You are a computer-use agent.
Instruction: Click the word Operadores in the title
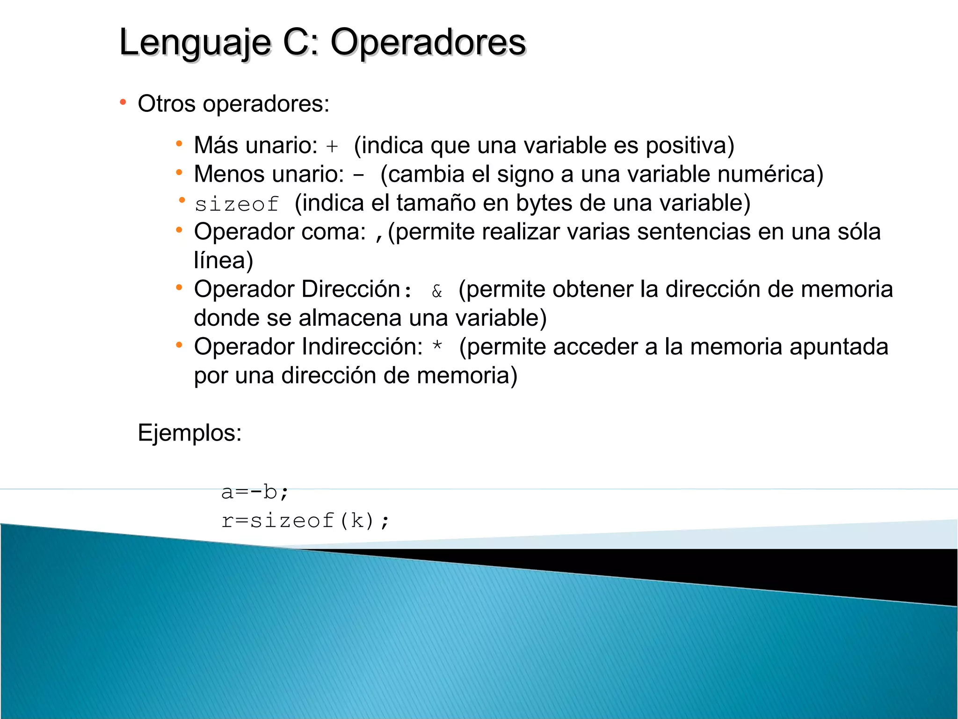[x=428, y=43]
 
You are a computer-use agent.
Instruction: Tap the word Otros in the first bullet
[x=166, y=103]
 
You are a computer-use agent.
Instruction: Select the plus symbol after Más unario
[x=332, y=147]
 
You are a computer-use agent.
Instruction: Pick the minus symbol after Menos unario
[x=359, y=176]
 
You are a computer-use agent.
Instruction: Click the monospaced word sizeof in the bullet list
[x=237, y=204]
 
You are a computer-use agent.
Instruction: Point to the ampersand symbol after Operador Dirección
[x=437, y=291]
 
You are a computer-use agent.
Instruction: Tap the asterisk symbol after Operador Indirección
[x=437, y=347]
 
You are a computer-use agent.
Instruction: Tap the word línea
[x=223, y=260]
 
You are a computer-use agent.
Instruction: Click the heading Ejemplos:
[x=189, y=433]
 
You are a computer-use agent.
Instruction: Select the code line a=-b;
[x=255, y=492]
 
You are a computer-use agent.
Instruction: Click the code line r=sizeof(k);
[x=305, y=521]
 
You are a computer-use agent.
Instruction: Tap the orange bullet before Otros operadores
[x=123, y=102]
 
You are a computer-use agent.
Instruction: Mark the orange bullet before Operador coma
[x=179, y=230]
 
